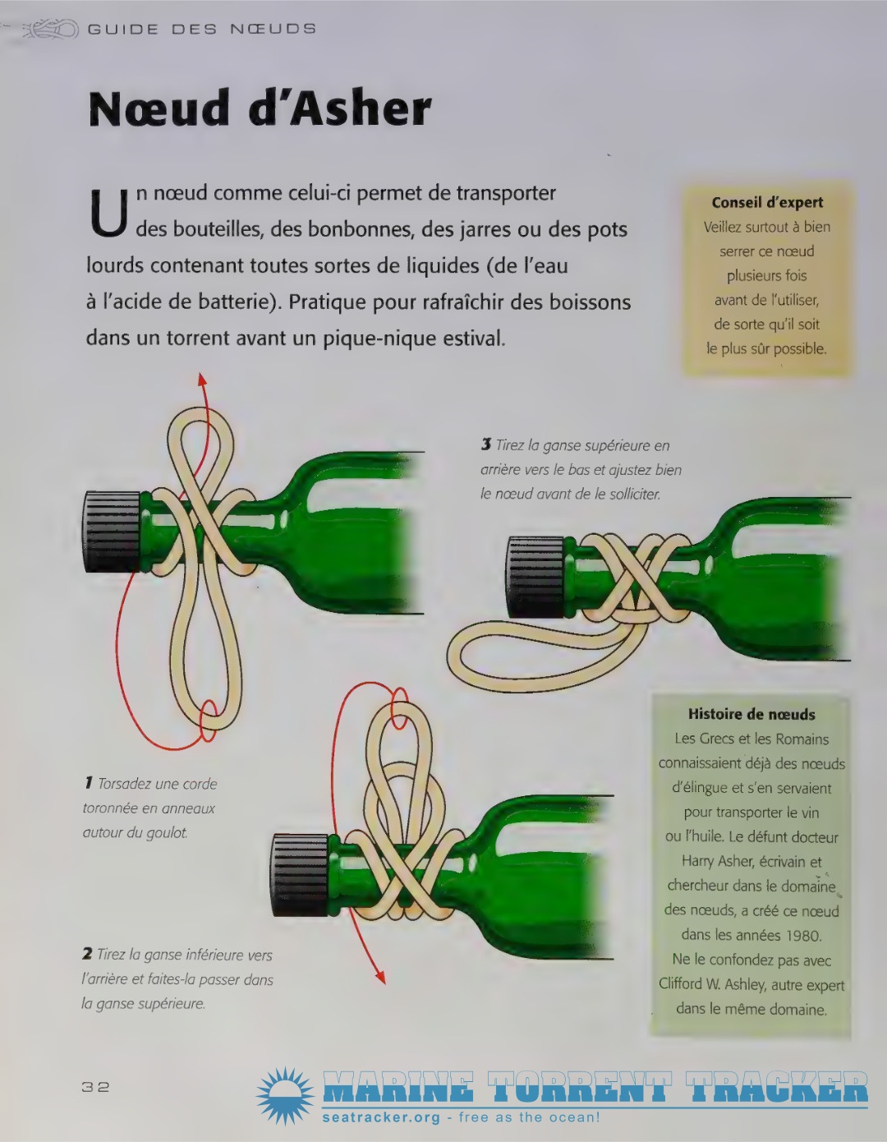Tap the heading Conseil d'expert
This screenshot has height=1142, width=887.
[767, 203]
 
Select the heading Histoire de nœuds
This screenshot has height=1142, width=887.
[751, 714]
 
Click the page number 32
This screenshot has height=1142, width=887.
[95, 1087]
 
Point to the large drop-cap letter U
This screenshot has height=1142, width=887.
[108, 212]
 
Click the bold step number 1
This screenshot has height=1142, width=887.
[89, 784]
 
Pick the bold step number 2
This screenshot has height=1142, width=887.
[87, 954]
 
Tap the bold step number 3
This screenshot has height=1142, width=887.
[485, 445]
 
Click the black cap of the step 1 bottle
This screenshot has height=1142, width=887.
[111, 532]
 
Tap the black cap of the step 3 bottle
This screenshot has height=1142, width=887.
[536, 577]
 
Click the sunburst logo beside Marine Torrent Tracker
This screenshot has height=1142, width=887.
[285, 1096]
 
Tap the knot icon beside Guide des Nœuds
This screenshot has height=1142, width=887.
[51, 30]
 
